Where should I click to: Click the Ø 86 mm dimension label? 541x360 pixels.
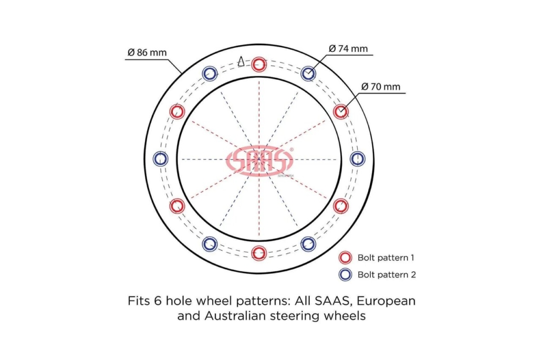click(147, 52)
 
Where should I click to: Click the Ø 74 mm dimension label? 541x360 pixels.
click(348, 49)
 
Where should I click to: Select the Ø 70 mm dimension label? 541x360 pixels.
click(381, 87)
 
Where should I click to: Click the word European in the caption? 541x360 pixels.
click(386, 301)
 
